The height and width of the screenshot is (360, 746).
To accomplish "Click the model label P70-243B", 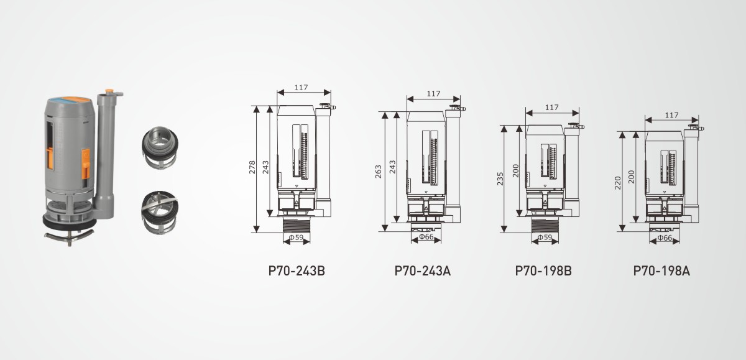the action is tap(297, 270).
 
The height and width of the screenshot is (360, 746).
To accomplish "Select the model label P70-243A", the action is tap(422, 270).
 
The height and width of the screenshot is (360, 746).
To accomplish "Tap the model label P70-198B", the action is tap(543, 270).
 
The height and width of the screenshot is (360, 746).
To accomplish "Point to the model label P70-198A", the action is tap(661, 270).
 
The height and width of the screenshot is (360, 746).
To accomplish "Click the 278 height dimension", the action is tap(252, 167).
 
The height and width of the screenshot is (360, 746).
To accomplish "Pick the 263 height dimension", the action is tap(379, 172).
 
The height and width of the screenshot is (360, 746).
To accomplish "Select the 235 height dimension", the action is tap(500, 179).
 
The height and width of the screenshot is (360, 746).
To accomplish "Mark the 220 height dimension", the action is tap(618, 183).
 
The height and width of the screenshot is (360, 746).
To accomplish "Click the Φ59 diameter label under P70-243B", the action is tap(296, 238).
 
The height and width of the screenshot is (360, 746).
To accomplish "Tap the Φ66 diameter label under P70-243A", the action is tap(426, 236).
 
